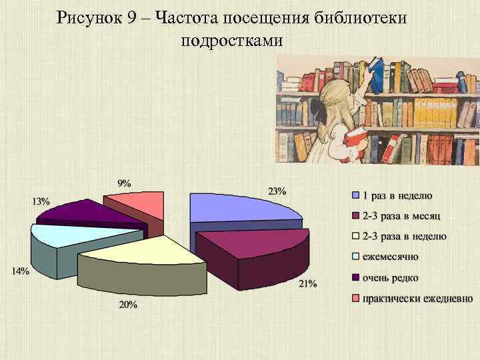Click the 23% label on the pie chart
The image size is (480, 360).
277,191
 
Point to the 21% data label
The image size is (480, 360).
307,284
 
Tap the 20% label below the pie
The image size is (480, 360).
128,305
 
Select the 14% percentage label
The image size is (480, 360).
19,271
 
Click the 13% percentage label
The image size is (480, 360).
40,201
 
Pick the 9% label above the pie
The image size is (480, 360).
124,183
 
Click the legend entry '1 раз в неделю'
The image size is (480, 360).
397,195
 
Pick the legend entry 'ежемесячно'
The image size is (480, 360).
389,257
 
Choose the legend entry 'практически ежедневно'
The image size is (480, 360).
417,299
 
